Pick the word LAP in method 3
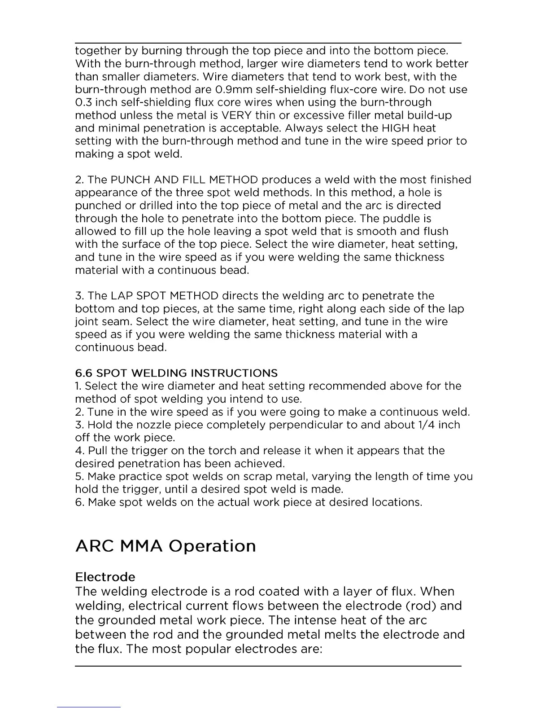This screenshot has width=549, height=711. tap(122, 296)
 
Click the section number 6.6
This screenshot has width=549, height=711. tap(84, 373)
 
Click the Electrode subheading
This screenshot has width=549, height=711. tap(105, 577)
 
